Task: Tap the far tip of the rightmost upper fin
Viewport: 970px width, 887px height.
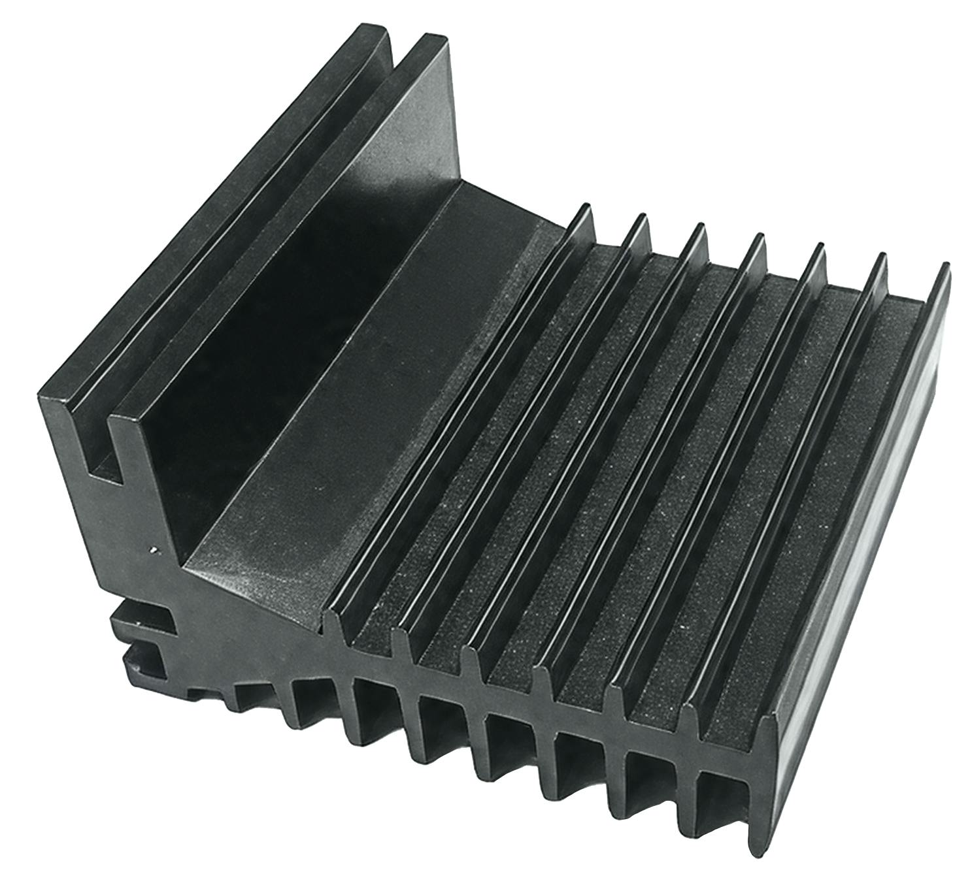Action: point(945,269)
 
